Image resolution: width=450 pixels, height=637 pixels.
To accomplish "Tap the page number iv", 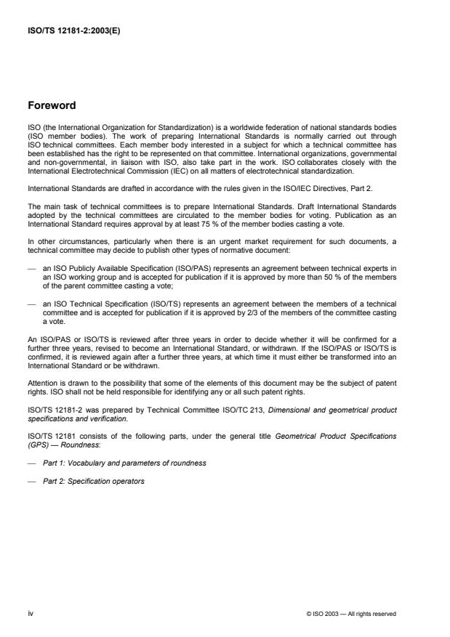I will pyautogui.click(x=31, y=613).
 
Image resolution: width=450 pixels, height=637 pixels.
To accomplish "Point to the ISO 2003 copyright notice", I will pyautogui.click(x=351, y=614).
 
